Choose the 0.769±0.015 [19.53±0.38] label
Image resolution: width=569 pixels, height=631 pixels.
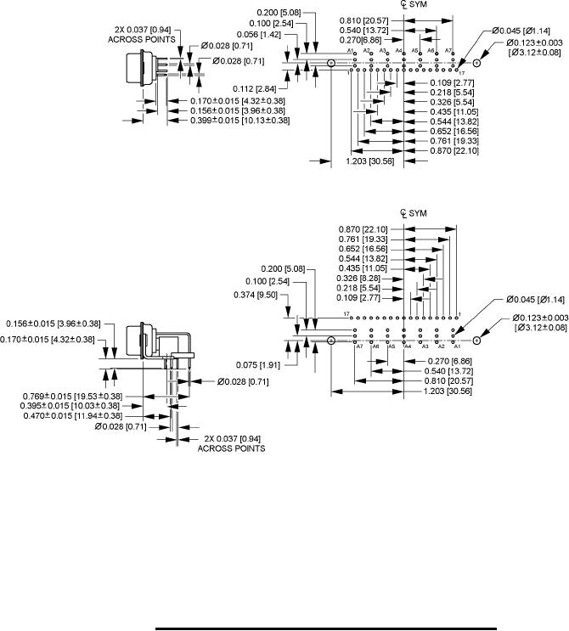pos(71,395)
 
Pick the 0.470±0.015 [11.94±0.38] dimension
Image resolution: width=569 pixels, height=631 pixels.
pos(71,416)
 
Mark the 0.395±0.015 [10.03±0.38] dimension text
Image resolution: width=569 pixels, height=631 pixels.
pos(71,405)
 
